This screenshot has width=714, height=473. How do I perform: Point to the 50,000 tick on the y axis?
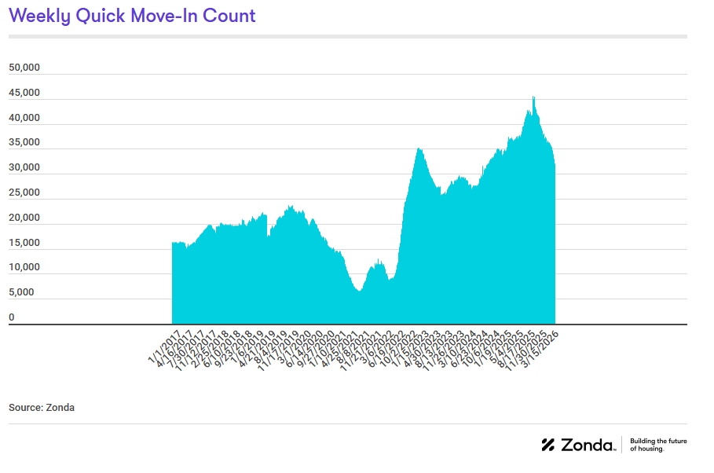24,68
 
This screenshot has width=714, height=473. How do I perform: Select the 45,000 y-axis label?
24,93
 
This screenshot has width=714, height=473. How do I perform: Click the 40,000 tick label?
24,118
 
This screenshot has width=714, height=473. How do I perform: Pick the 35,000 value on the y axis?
24,142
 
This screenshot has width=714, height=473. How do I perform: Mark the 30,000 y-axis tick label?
24,167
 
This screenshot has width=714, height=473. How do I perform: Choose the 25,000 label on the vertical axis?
24,192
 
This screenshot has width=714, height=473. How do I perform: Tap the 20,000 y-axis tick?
24,218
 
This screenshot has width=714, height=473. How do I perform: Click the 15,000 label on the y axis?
24,243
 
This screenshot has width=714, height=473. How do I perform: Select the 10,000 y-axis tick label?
24,267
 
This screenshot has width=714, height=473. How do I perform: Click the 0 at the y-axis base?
12,317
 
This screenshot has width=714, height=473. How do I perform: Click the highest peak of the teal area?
533,97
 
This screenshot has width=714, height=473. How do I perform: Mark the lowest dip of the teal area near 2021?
358,290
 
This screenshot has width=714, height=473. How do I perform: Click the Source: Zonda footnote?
42,408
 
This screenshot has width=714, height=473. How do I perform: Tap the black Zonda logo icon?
548,445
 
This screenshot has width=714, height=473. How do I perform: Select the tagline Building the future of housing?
658,445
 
